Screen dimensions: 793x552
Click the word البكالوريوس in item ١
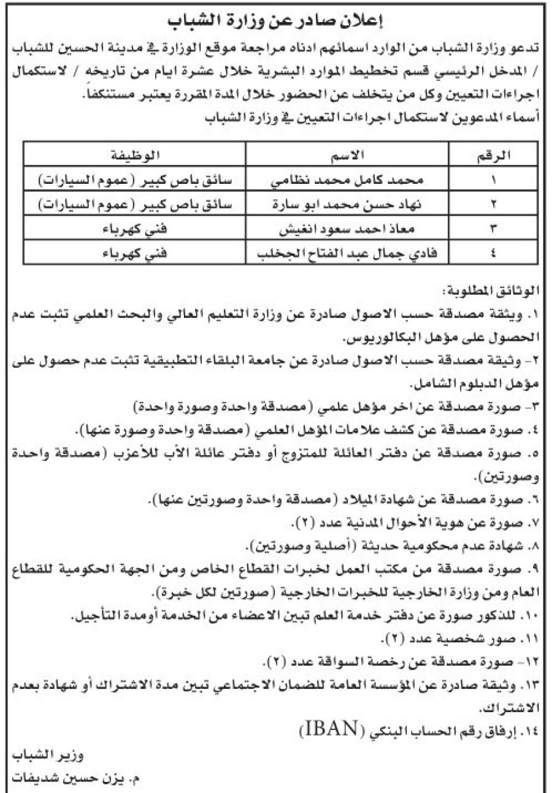380,338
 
